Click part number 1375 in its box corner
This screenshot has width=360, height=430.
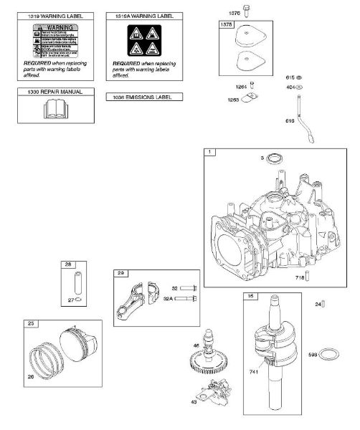pos(227,24)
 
